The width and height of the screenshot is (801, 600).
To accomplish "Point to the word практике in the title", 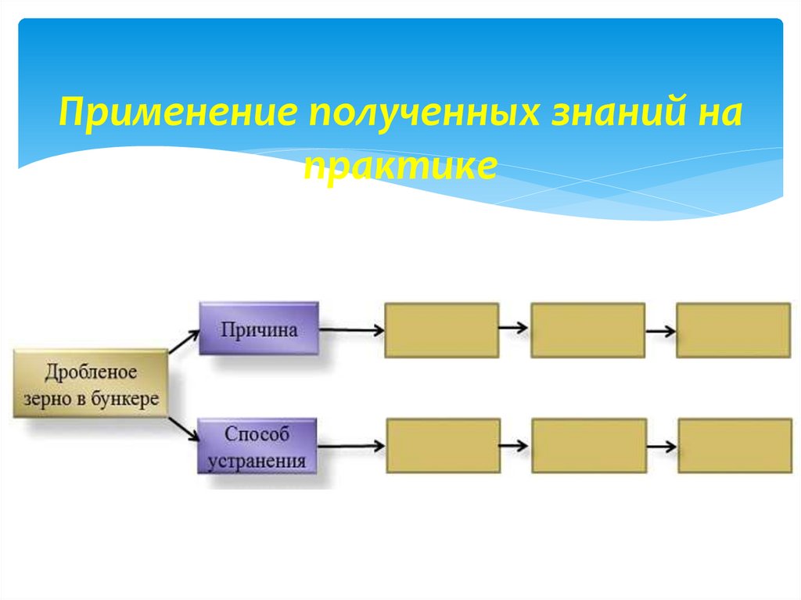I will click(x=400, y=166).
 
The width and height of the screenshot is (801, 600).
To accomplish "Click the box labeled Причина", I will click(x=259, y=329).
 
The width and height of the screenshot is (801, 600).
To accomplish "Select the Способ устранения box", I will click(x=257, y=447).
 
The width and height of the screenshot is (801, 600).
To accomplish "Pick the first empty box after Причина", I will click(x=442, y=330).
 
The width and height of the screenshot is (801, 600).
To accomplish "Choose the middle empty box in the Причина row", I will click(x=587, y=330).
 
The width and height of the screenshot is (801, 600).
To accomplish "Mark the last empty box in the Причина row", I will click(x=733, y=330).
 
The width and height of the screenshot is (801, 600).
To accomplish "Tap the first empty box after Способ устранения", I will click(x=443, y=446).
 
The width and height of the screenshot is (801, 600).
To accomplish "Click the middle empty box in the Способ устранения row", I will click(x=589, y=446).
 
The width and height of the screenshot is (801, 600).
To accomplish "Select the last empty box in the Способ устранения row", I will click(x=735, y=446).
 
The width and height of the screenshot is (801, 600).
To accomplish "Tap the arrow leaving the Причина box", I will click(x=352, y=330).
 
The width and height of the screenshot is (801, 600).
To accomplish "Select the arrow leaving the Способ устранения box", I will click(x=351, y=447).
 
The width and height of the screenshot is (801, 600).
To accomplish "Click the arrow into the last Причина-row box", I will click(x=660, y=330).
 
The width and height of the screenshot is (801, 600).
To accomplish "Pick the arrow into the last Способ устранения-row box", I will click(x=662, y=447).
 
